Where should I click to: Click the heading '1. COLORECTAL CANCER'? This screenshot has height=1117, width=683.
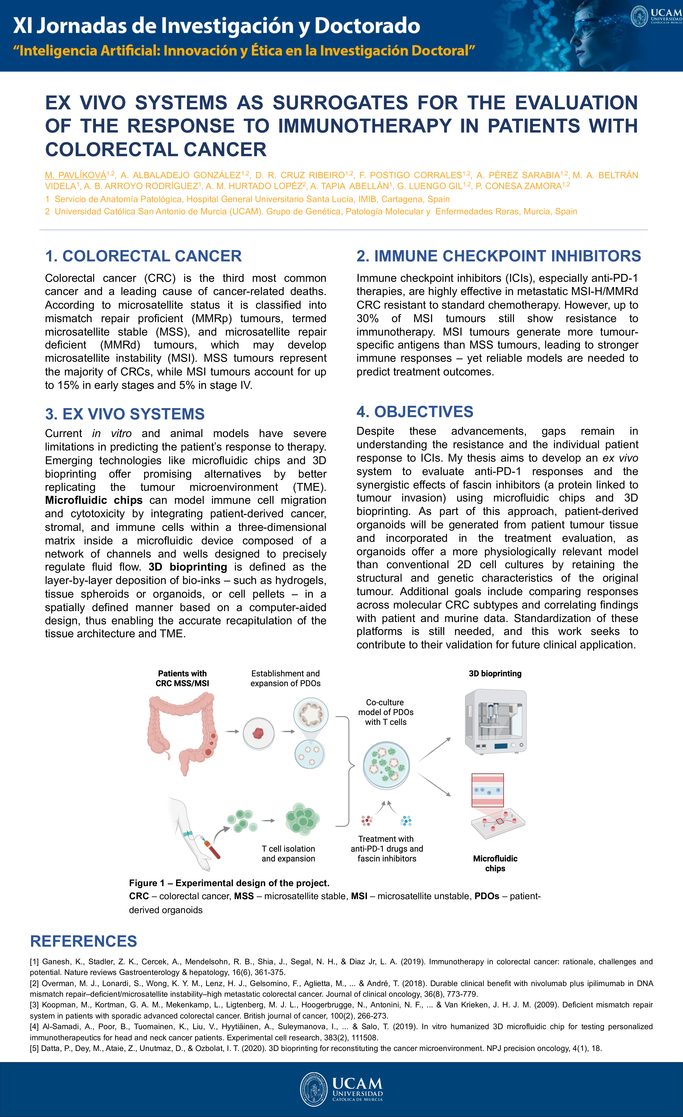143,256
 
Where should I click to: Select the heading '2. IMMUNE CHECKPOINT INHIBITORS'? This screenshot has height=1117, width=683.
499,256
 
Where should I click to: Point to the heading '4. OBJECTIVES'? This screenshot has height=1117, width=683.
415,412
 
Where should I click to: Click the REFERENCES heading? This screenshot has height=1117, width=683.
83,941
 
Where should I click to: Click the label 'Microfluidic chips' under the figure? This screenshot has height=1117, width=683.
495,863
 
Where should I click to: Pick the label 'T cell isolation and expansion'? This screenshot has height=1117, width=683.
288,854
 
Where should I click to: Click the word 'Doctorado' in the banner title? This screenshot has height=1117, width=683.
367,26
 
